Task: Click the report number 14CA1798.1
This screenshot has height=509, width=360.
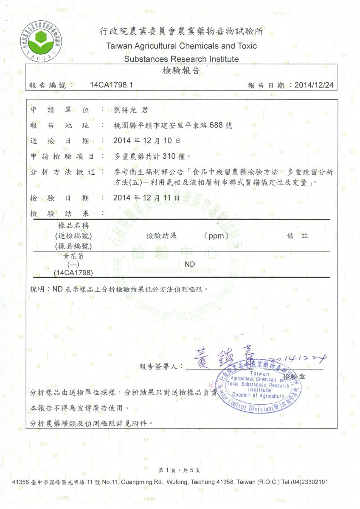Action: pyautogui.click(x=112, y=85)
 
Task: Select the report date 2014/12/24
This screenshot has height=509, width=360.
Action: pyautogui.click(x=314, y=85)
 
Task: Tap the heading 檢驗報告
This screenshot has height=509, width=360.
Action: pyautogui.click(x=181, y=71)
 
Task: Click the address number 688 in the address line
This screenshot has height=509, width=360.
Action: pyautogui.click(x=216, y=126)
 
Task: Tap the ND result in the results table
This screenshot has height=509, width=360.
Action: pyautogui.click(x=190, y=264)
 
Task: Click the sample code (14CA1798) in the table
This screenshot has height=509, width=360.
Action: pyautogui.click(x=73, y=272)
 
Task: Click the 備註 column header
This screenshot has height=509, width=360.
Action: pyautogui.click(x=298, y=236)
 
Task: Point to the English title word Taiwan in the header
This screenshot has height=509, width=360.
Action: pyautogui.click(x=119, y=46)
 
